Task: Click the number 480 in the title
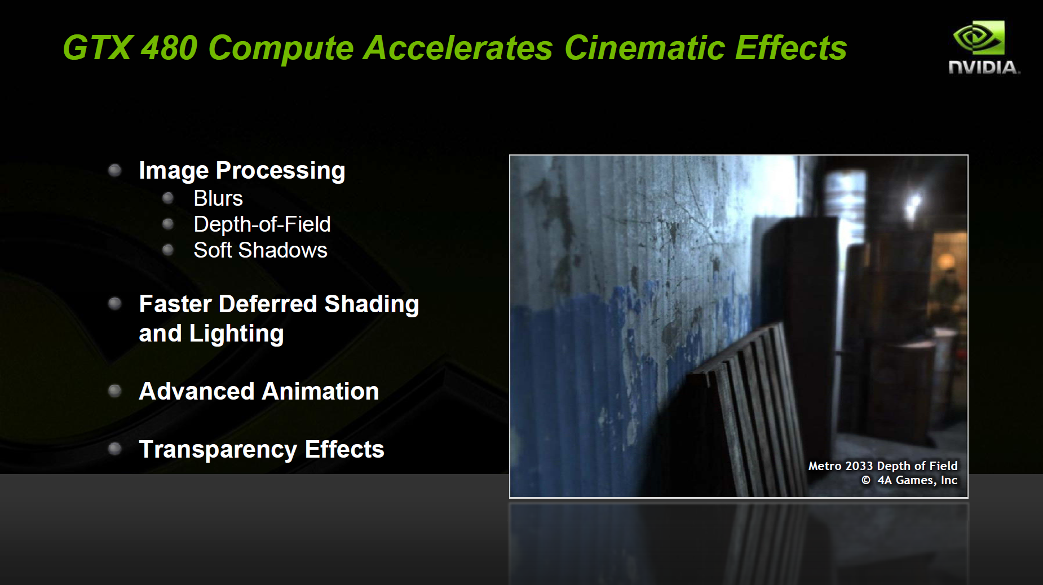coord(169,47)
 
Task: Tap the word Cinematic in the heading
coord(644,47)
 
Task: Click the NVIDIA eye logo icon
coord(979,38)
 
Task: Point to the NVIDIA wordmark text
coord(984,68)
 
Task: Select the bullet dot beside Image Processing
coord(114,170)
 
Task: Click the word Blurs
coord(218,198)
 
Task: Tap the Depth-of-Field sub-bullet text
coord(262,224)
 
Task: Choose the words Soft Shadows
coord(260,250)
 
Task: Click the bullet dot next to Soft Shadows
coord(167,250)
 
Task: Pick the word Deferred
coord(268,304)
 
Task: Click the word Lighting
coord(236,334)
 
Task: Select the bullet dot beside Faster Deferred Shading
coord(114,304)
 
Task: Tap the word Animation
coord(320,391)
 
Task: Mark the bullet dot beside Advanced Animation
coord(114,391)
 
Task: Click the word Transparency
coord(218,450)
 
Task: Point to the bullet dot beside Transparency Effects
coord(114,449)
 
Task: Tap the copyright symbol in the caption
coord(866,480)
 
